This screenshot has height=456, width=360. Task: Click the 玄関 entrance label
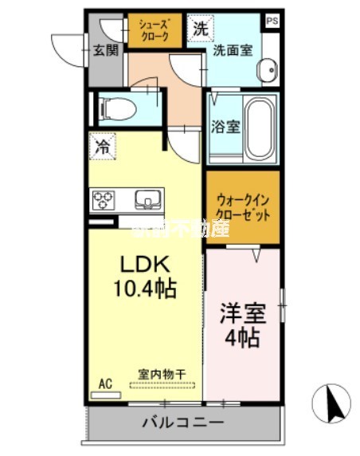point(103,51)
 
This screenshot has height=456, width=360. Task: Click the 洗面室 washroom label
point(233,50)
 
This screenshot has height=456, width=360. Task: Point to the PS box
point(272,22)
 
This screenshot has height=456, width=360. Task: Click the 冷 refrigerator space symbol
point(103,146)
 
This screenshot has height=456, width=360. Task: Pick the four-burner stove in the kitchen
point(104,199)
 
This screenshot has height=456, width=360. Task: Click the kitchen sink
point(147,199)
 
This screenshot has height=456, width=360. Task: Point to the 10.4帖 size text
point(143,285)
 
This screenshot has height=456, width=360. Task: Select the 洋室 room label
point(240,313)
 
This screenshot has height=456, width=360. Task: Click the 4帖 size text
point(241,338)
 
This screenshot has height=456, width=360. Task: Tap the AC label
point(104,383)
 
